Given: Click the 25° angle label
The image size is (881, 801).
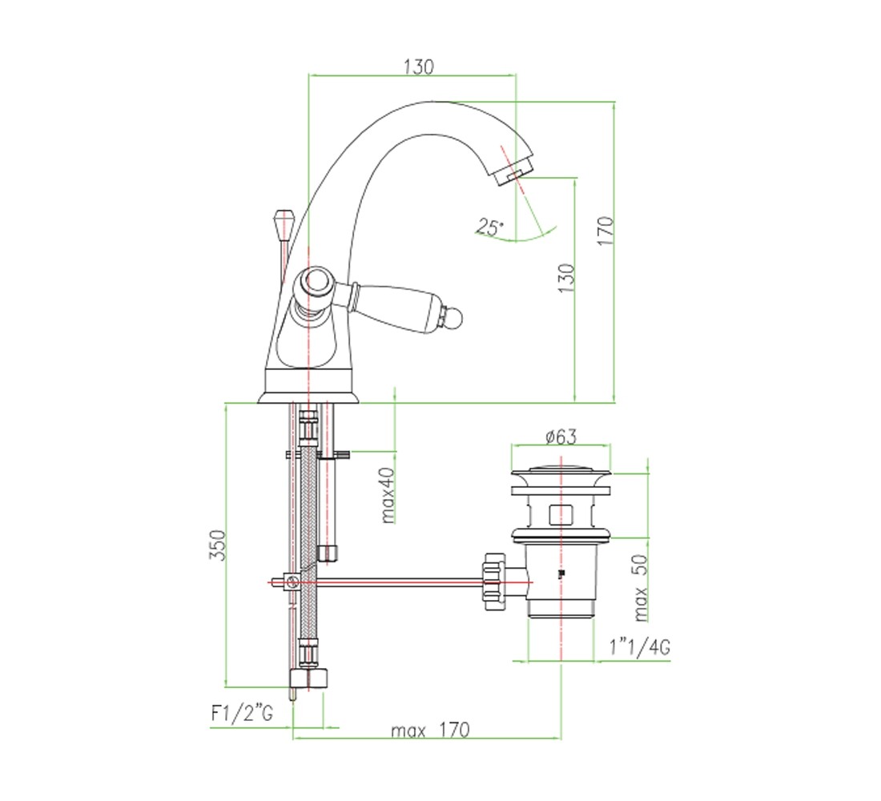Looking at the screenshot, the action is pos(490,227).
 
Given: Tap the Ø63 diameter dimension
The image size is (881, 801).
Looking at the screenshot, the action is pos(561,437).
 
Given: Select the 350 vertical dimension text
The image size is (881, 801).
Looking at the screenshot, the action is pos(217,545).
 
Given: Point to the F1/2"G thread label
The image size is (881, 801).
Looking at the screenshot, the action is pos(242,713).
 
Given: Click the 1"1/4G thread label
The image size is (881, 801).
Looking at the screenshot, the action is pos(640,647).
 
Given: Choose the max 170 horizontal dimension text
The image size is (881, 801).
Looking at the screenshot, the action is pos(430,731).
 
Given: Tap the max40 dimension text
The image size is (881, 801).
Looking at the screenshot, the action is pos(388,495).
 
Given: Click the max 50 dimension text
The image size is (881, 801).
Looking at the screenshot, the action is pos(641,588).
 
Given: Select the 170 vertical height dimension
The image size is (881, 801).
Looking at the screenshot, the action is pos(605,231).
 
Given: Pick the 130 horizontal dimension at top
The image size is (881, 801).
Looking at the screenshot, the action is pos(419,67).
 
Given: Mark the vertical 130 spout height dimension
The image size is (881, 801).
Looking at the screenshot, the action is pos(566,278).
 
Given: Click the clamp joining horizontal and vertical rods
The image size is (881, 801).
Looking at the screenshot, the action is pos(292,582).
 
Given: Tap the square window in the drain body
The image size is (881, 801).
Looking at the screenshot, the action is pos(561,514).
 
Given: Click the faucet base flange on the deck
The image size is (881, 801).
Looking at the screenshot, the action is pos(308,396).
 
